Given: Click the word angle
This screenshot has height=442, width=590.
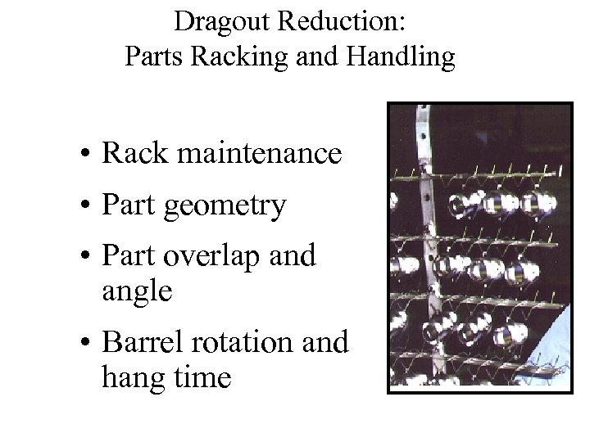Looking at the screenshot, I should [137, 291].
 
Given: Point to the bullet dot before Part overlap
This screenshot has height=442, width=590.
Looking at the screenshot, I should [84, 258].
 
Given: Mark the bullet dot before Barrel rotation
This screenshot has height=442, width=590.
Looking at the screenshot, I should [84, 343].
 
